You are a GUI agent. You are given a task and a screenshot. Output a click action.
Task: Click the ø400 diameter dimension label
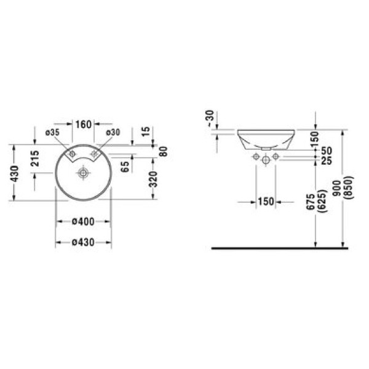[83, 221]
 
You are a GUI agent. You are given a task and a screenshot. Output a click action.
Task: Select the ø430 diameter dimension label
[83, 242]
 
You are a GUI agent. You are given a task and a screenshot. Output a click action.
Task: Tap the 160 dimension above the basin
[83, 124]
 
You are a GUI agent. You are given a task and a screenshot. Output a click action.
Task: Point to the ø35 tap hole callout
[52, 132]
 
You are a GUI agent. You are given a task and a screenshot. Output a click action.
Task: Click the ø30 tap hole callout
[113, 132]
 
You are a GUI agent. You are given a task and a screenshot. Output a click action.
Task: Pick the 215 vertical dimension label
[35, 159]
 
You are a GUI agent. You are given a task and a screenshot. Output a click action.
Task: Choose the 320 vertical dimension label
[153, 180]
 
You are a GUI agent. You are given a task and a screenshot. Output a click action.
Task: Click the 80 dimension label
[164, 151]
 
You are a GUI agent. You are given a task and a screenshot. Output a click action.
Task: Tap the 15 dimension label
[146, 132]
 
